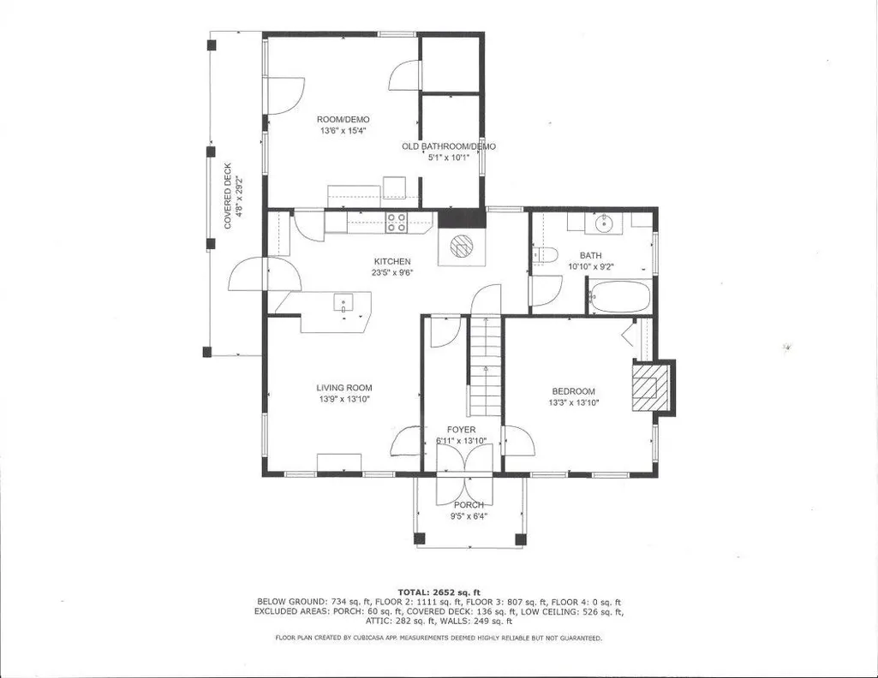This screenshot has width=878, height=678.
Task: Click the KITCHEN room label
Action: (x=392, y=261)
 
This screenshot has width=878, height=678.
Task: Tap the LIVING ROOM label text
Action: (x=343, y=388)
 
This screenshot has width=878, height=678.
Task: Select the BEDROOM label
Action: (x=573, y=391)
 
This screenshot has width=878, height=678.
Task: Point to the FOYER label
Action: (x=462, y=430)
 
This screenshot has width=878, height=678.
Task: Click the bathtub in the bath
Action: (x=620, y=296)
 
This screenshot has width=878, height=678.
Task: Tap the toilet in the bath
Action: (x=543, y=255)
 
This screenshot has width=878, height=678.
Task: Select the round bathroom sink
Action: (x=604, y=223)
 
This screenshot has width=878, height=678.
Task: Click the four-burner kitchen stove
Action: (x=396, y=223)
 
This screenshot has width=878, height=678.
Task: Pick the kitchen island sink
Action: (x=343, y=303)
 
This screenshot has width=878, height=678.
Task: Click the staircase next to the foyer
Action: (x=485, y=366)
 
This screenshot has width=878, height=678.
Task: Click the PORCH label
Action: (x=469, y=505)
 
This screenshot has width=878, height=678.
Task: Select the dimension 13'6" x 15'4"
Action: (x=343, y=130)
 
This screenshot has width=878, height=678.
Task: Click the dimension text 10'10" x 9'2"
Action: (x=591, y=267)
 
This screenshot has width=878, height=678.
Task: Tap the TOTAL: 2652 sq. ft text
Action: (x=439, y=592)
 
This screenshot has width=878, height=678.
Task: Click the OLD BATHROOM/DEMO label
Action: (x=449, y=146)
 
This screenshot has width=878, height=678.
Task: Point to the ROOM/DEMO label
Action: (x=343, y=119)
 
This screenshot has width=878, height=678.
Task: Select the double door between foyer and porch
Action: (x=464, y=475)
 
